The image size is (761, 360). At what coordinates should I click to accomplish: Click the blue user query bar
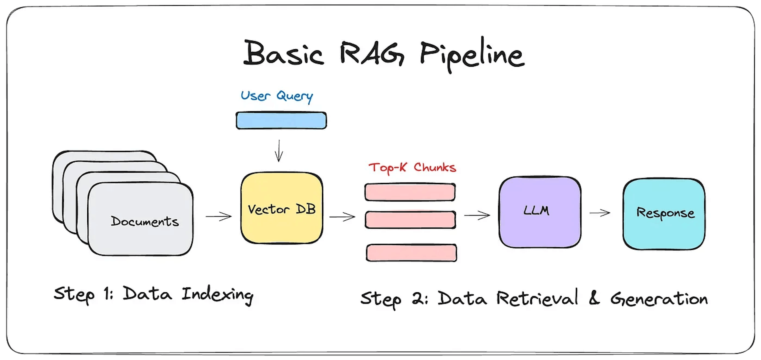(281, 120)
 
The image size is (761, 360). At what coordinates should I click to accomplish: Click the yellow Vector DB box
(282, 208)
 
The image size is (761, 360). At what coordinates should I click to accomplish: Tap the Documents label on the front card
(145, 221)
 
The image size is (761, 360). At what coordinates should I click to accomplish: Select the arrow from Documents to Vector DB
(219, 216)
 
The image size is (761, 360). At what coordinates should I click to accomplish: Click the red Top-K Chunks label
(412, 168)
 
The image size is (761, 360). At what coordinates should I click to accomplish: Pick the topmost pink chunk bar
(410, 192)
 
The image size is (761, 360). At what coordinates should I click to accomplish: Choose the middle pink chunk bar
(410, 220)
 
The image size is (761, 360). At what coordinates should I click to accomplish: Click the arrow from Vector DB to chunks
(342, 217)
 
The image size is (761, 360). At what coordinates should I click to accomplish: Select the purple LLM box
(540, 212)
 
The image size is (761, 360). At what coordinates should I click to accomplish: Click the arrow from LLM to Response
(600, 213)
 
